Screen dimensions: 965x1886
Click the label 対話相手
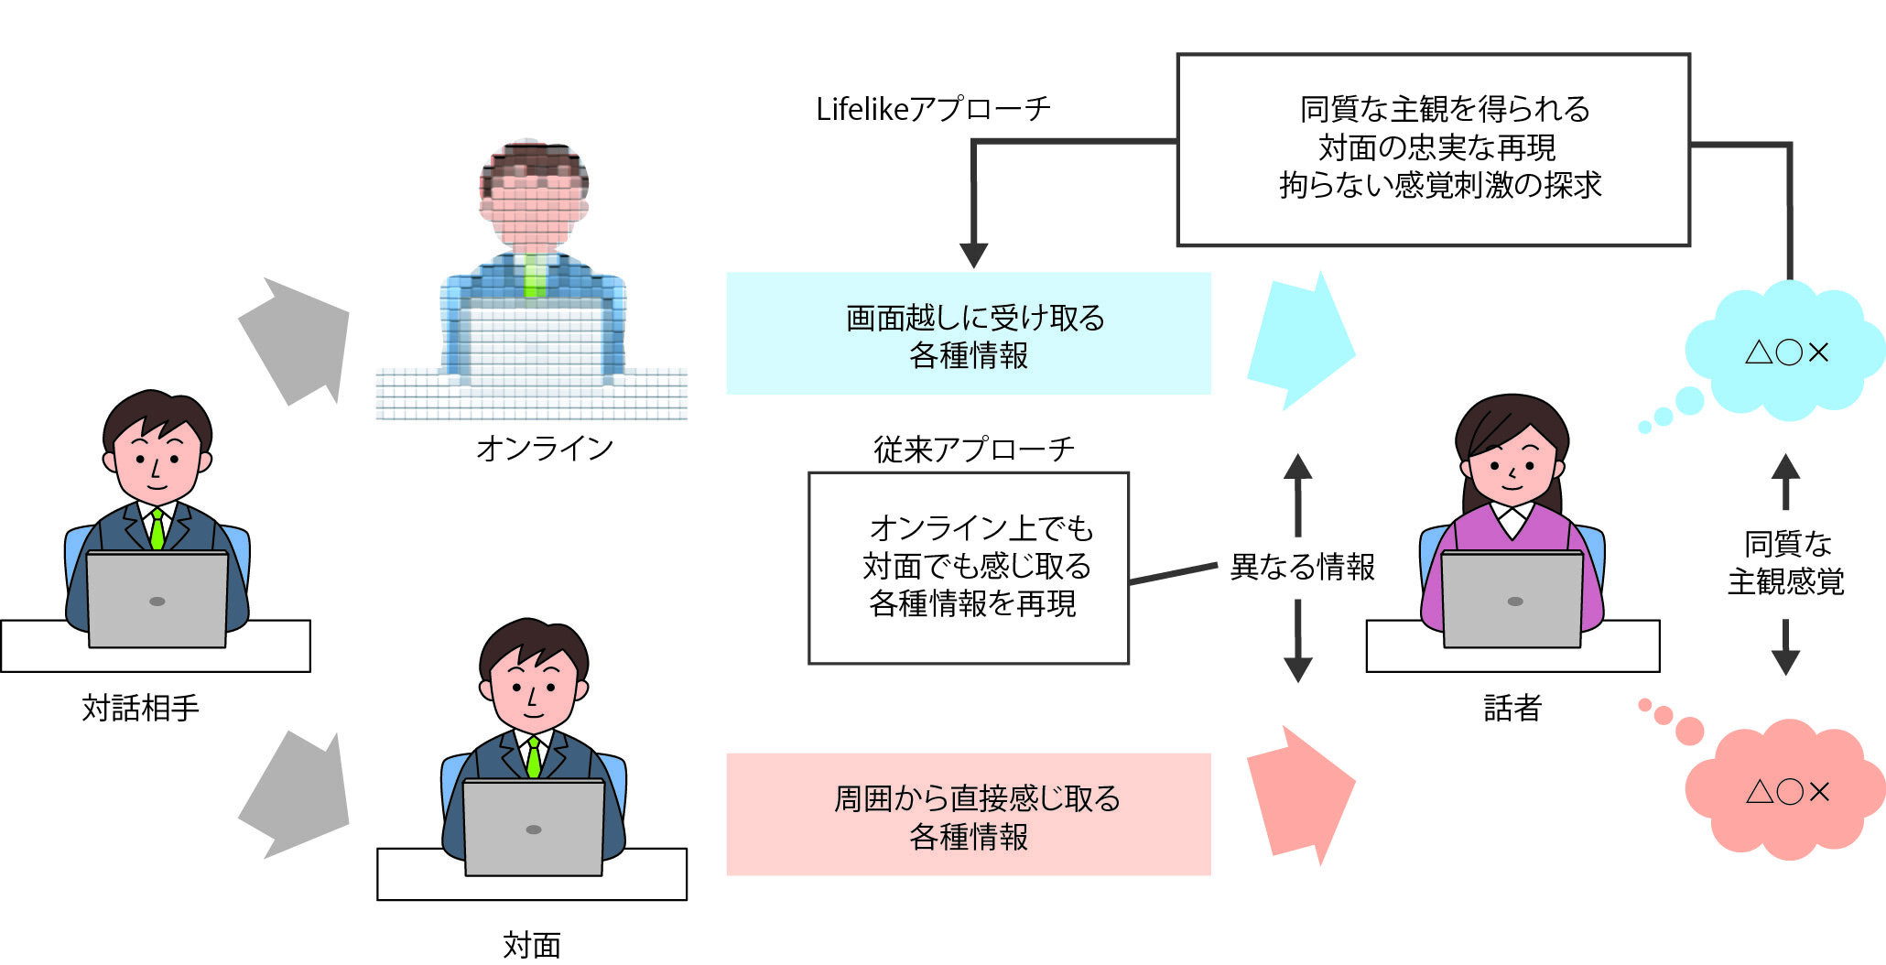click(140, 708)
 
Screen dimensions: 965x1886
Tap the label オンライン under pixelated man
click(544, 448)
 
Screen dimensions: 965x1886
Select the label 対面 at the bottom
click(531, 944)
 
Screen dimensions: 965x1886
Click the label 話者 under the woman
click(1512, 708)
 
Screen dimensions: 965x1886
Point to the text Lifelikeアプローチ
click(933, 109)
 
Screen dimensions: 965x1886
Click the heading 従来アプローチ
click(973, 450)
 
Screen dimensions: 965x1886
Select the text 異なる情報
click(1302, 567)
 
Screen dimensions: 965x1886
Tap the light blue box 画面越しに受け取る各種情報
click(969, 334)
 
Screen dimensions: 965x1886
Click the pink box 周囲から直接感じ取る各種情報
click(969, 815)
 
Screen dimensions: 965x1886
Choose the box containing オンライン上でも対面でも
click(969, 568)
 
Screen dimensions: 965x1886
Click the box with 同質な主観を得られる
click(1433, 149)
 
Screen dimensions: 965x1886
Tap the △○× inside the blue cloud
click(1786, 352)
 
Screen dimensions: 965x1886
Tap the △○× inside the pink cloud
click(1786, 792)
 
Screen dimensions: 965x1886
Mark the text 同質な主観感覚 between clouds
click(1785, 563)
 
